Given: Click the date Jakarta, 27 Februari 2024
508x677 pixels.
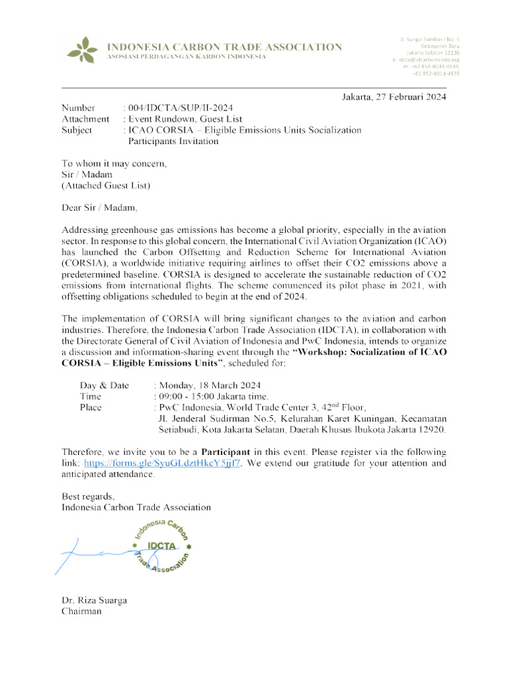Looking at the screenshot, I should coord(394,97).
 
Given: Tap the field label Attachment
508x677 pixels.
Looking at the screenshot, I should coord(85,119).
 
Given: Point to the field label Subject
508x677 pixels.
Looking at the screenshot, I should coord(77,130).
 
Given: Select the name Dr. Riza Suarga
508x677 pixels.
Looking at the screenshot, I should coord(94,600).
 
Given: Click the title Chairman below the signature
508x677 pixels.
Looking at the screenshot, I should coord(81,612).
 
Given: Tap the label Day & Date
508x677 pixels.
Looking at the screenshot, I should coord(105,385).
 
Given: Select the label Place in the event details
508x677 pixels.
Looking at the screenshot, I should coord(91,407).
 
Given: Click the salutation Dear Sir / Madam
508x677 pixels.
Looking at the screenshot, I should coord(100,208).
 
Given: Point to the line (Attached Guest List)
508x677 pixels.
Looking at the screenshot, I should coord(106,186).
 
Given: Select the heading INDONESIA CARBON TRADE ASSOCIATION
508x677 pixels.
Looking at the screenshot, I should coord(224,47).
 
